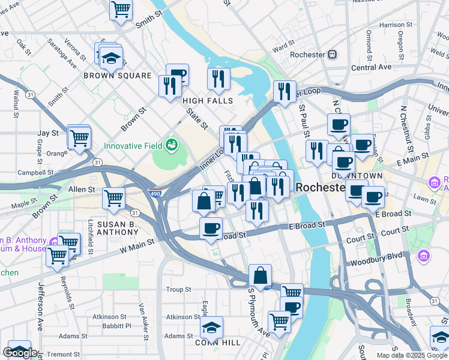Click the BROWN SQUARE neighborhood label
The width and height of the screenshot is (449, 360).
click(x=117, y=76)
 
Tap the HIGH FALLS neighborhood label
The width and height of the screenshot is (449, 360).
click(x=207, y=101)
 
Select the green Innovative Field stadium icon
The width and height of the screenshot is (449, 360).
click(x=172, y=145)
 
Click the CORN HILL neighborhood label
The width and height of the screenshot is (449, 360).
click(x=217, y=343)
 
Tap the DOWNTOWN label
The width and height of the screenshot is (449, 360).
click(x=357, y=176)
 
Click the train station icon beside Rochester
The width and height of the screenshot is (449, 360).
click(x=332, y=55)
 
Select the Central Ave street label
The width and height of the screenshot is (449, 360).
click(x=371, y=68)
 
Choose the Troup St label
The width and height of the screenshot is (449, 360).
click(x=178, y=289)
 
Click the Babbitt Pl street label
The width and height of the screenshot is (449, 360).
click(x=115, y=326)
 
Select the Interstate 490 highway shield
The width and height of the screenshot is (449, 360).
click(x=154, y=193)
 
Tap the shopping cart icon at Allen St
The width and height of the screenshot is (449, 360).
click(x=113, y=197)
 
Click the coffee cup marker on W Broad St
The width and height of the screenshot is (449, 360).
click(x=211, y=228)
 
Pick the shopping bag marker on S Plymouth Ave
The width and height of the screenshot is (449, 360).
click(x=260, y=276)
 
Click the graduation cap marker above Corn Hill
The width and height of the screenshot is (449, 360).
click(x=211, y=328)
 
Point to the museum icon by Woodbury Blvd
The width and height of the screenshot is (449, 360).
click(x=424, y=256)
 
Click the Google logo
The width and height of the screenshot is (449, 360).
click(x=20, y=353)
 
